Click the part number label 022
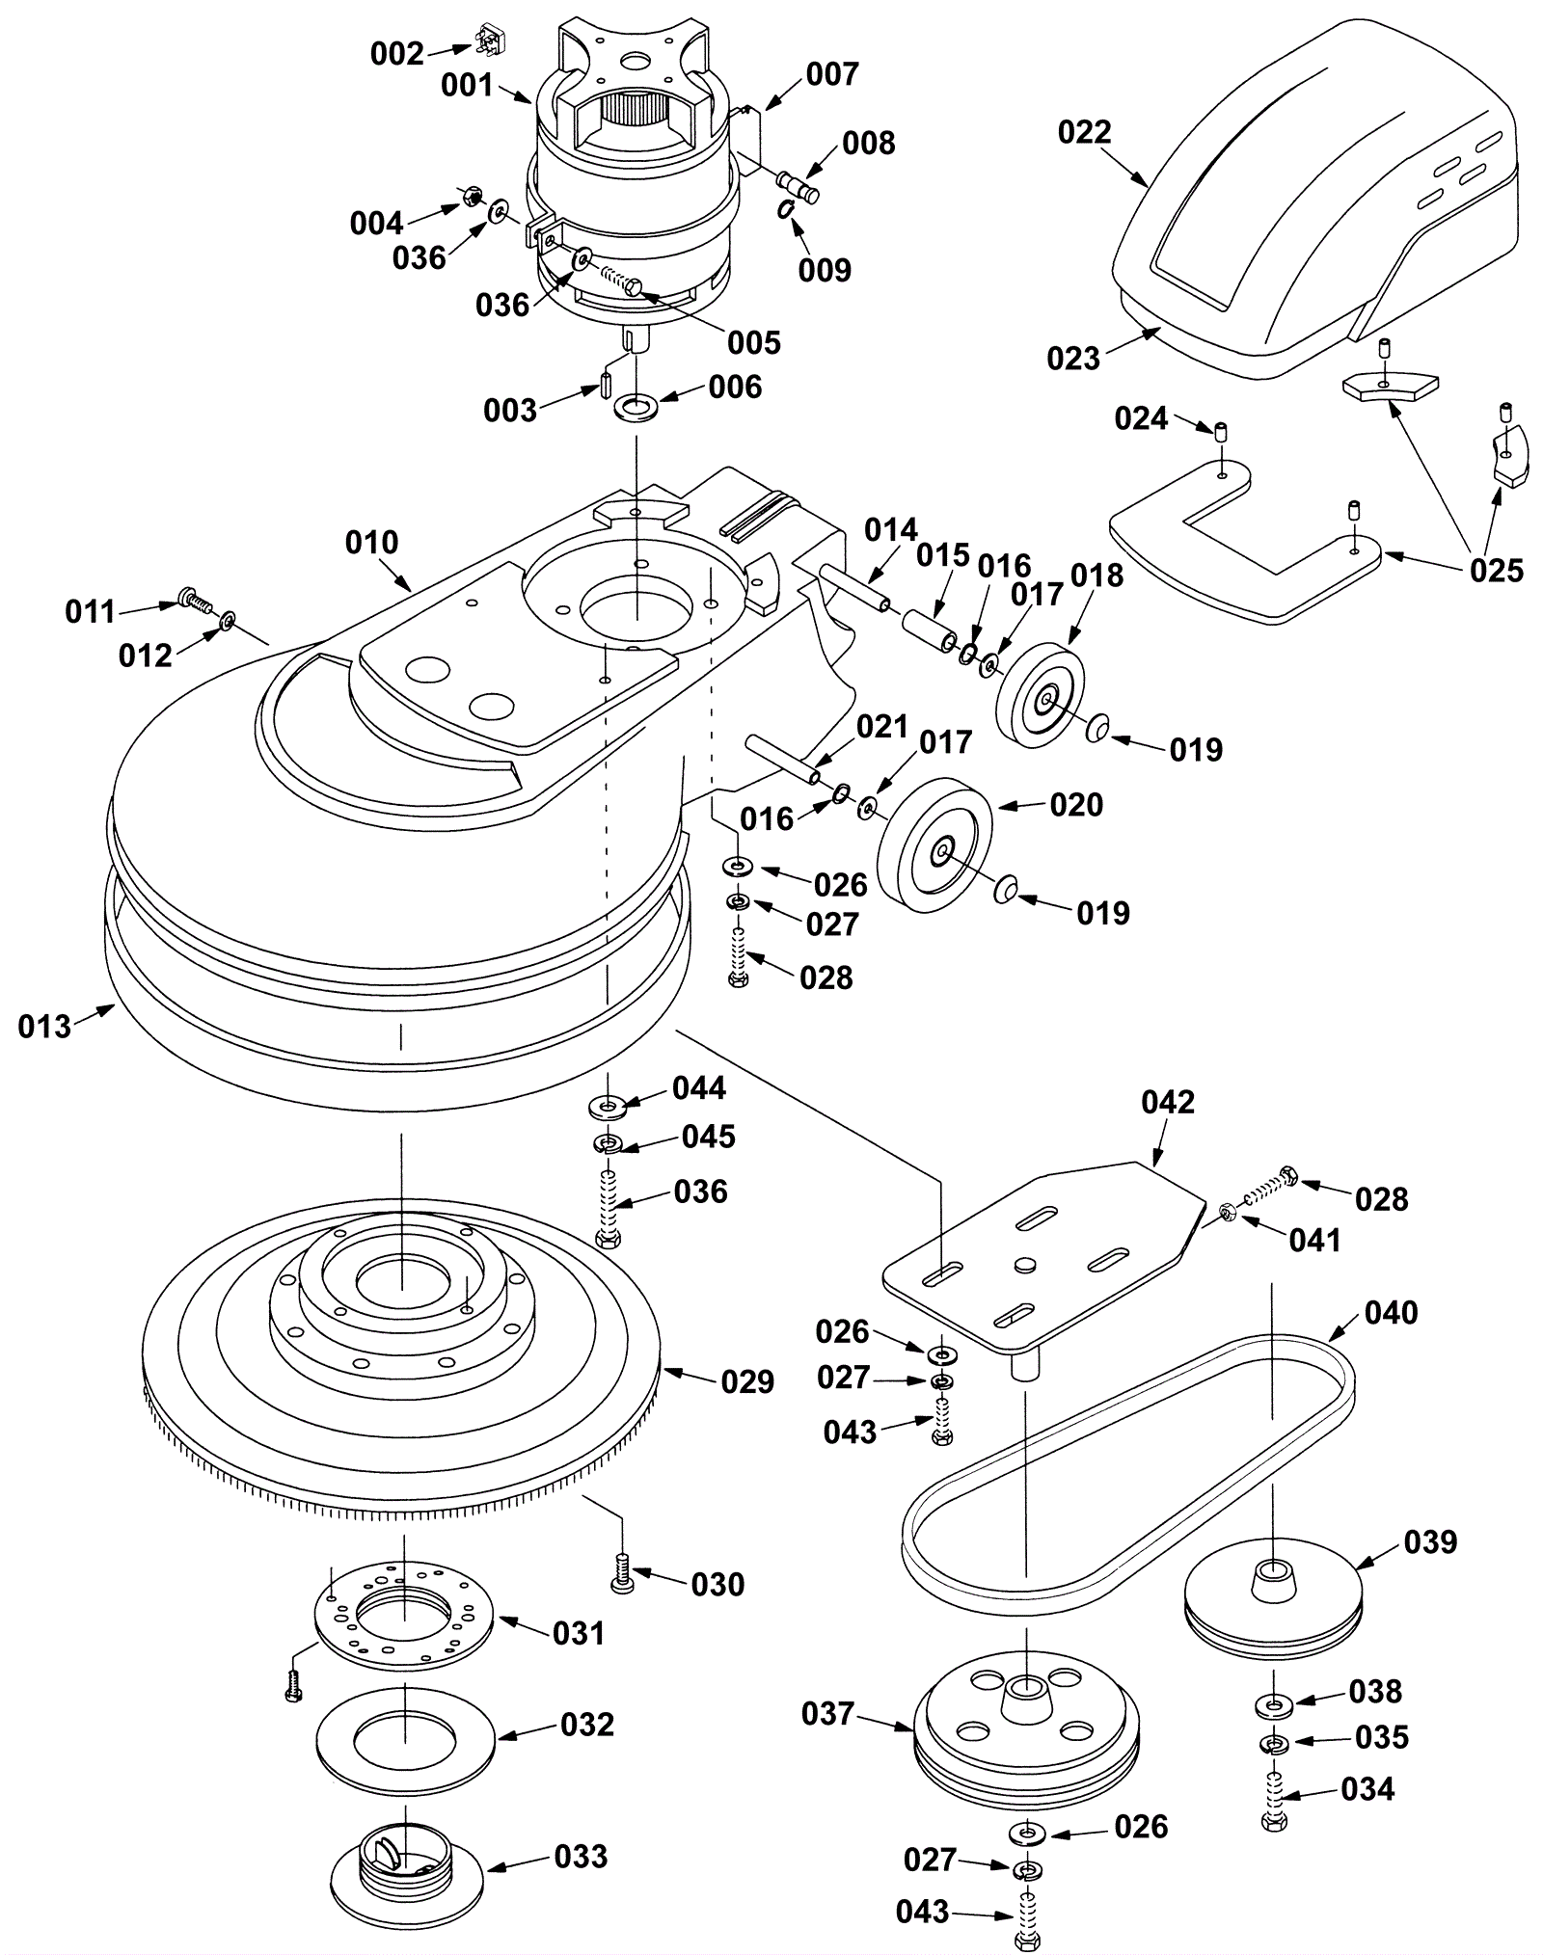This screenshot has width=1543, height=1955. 1084,132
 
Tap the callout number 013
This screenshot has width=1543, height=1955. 44,1026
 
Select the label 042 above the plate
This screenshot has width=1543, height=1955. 1167,1102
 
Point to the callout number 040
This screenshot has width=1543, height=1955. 1391,1312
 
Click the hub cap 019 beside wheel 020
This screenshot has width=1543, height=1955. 1007,889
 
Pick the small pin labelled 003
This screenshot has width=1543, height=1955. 604,382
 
